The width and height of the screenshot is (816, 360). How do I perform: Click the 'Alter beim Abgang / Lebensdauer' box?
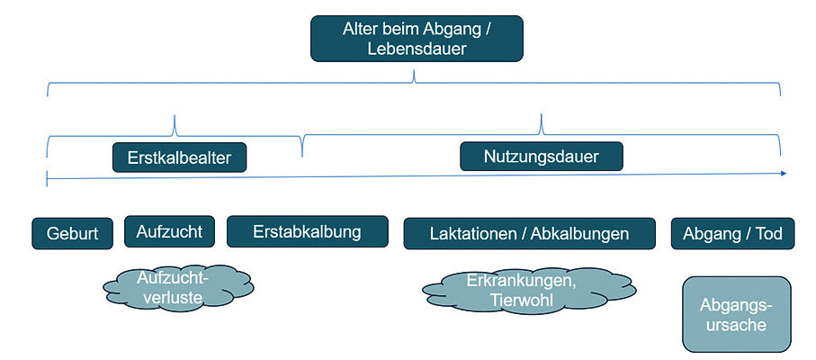417,39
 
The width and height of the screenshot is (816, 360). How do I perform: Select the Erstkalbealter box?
180,157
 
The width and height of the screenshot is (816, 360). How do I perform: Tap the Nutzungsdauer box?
542,156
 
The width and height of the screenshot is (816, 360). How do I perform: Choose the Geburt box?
72,234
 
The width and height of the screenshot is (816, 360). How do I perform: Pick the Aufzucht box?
169,231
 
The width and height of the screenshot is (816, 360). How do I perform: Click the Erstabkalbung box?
306,231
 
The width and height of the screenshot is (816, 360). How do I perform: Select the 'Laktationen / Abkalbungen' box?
528,234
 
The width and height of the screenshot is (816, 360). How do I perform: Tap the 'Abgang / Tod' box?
731,234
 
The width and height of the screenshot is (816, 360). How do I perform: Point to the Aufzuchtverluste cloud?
173,286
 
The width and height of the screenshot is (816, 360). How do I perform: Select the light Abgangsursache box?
736,314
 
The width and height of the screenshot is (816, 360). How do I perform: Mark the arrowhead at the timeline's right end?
783,173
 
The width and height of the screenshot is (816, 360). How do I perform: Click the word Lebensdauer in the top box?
417,49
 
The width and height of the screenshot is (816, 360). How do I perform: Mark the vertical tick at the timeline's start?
46,178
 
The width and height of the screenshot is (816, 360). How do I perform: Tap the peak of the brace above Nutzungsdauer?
542,117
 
